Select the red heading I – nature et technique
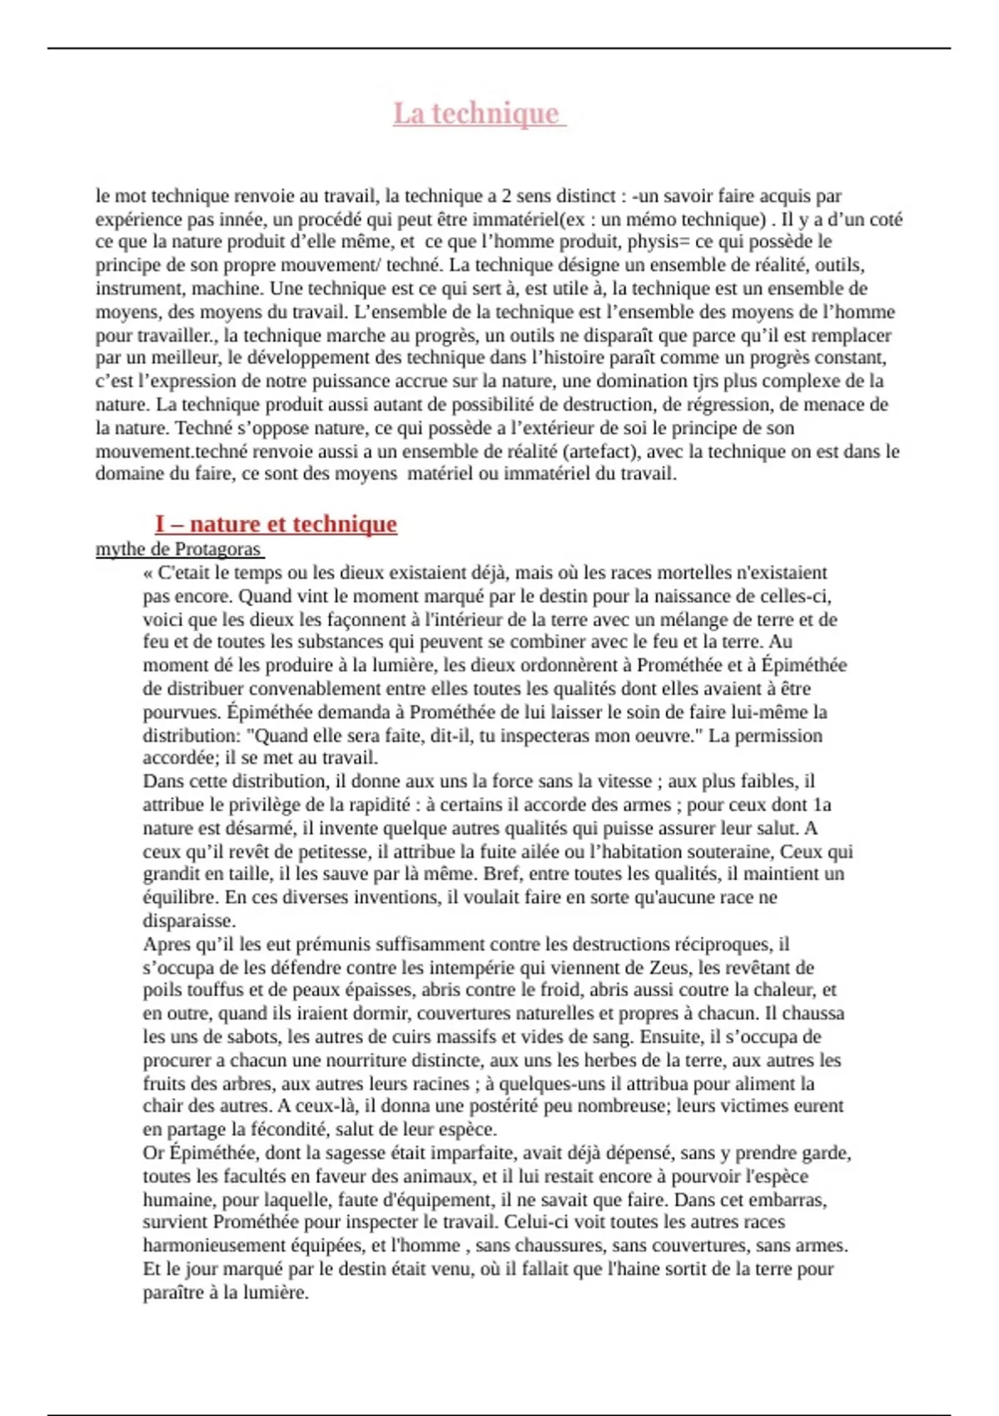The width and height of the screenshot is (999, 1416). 276,524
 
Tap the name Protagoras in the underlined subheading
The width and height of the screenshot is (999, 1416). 217,550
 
